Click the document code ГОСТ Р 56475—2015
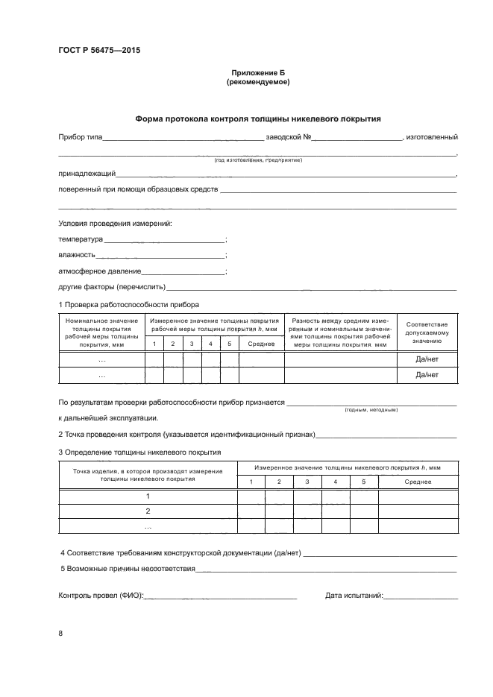[99, 51]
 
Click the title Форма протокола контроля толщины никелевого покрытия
[257, 119]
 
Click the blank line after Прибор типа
[183, 139]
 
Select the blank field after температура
[164, 240]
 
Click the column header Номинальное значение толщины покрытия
[101, 332]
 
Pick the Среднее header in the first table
[261, 344]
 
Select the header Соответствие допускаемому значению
[427, 332]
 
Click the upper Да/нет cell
[427, 359]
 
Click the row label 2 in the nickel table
[148, 511]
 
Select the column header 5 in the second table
[364, 482]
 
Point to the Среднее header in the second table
[418, 482]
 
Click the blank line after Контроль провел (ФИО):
[221, 596]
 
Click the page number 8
[60, 634]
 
